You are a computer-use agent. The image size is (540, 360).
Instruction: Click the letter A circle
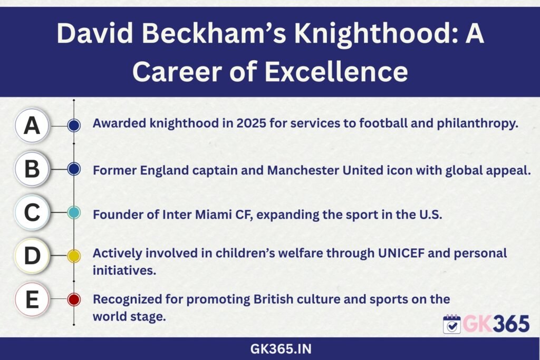point(32,125)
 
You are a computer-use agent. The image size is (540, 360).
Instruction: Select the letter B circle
point(32,169)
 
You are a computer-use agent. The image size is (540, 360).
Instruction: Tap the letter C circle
point(32,212)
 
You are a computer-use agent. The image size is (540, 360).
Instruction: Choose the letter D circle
point(32,256)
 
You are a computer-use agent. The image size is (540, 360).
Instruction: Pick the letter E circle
point(32,299)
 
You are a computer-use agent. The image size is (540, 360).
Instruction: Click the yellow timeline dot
point(74,256)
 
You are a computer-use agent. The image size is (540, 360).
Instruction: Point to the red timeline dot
point(74,299)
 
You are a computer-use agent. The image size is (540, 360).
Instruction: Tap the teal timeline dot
point(74,213)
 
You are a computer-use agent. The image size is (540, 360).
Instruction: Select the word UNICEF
point(401,254)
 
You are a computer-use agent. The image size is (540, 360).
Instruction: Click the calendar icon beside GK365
point(452,324)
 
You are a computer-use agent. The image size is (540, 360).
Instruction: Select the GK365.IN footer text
point(281,349)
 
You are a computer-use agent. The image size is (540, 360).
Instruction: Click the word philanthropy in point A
point(478,123)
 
